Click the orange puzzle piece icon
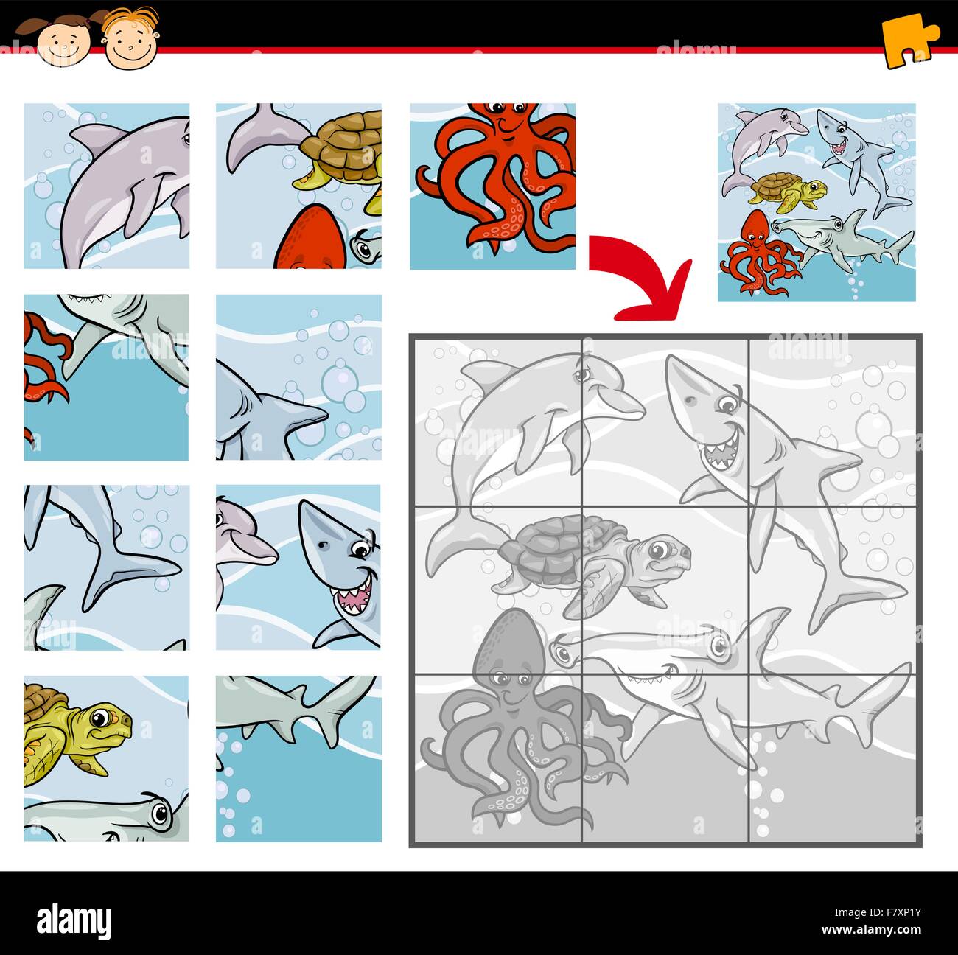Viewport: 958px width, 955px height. [909, 43]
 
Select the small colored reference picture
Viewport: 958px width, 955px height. [817, 202]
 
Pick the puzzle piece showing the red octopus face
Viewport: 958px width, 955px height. [492, 186]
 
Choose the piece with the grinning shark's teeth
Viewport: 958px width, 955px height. [298, 567]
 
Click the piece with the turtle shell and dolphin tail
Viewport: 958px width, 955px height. [298, 186]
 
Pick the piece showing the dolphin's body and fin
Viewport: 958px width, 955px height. [106, 186]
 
